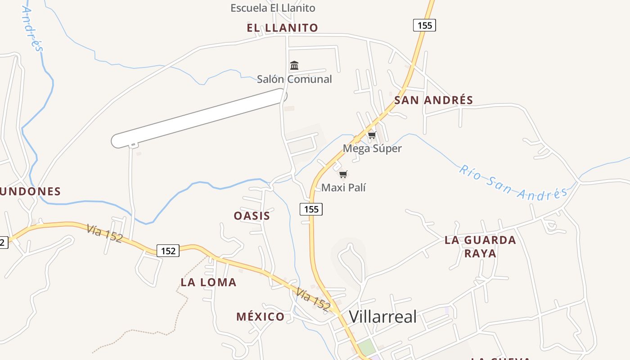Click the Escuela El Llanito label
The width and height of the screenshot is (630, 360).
coord(273,8)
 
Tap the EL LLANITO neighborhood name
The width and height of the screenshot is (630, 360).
coord(282,28)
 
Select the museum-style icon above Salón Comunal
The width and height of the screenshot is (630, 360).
coord(294,66)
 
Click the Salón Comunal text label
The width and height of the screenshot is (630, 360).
coord(294,79)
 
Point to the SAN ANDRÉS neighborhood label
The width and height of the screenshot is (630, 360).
coord(433,100)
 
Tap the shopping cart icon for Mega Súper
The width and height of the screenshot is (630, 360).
coord(372,135)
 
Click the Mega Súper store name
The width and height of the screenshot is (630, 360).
coord(372,148)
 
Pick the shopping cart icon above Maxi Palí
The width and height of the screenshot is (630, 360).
coord(343,174)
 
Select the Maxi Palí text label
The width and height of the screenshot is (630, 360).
coord(343,187)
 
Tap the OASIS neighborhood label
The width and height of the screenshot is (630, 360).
coord(252,216)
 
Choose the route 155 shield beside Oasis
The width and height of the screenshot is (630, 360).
coord(311,209)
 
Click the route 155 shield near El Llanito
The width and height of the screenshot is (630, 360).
coord(424,25)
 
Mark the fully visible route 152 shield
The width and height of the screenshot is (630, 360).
coord(168,251)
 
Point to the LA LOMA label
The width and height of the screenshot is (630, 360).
coord(208,283)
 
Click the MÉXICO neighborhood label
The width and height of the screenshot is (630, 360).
coord(260,317)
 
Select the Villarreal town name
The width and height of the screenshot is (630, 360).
coord(383,317)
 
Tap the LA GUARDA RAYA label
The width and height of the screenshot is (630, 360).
coord(480,246)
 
